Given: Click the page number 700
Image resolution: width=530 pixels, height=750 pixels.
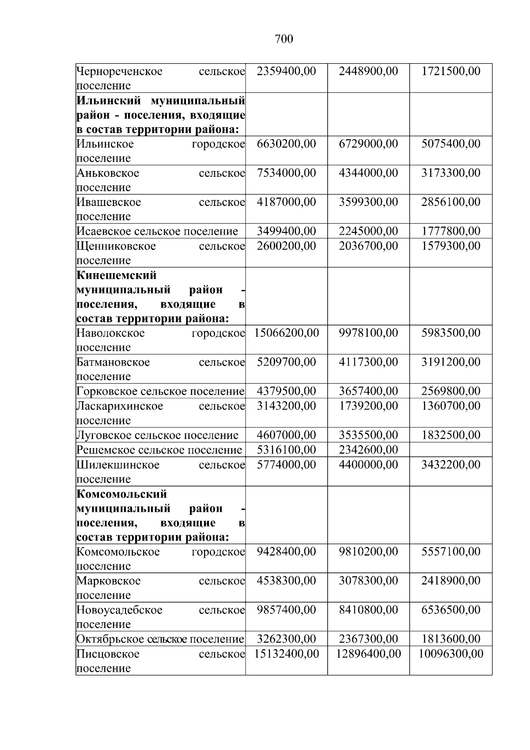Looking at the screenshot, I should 284,39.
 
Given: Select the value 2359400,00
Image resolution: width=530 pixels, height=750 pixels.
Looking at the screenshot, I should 286,71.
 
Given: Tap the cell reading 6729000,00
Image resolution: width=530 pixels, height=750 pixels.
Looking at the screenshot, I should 368,144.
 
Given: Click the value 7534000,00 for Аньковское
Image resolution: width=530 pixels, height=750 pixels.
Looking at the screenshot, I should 286,173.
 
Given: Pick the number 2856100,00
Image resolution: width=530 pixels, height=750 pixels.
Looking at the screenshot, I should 450,202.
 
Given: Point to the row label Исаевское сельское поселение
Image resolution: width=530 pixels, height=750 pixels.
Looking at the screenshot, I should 157,231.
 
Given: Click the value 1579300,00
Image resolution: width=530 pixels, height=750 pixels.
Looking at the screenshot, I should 450,246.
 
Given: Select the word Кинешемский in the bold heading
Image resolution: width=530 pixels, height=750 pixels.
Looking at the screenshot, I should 117,275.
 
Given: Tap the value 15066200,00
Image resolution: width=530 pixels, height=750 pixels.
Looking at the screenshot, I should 286,333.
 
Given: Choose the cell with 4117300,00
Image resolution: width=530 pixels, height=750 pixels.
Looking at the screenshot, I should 368,362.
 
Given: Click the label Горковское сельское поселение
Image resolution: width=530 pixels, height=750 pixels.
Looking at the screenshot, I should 160,391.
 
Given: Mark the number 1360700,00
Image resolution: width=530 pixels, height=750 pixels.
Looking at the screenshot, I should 450,406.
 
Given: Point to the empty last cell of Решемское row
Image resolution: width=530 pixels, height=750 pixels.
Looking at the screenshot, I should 450,450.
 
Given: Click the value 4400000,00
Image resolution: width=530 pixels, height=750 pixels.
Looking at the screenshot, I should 368,464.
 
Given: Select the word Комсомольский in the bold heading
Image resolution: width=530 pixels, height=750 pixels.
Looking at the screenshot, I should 121,494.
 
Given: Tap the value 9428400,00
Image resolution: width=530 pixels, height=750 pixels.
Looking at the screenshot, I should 286,552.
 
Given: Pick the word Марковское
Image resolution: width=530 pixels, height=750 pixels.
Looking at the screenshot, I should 109,581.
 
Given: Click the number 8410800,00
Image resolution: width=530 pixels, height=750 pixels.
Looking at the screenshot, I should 368,610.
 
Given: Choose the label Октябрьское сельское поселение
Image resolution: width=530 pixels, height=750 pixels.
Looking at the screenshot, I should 160,639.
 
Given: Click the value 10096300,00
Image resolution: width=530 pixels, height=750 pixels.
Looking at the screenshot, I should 450,654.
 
